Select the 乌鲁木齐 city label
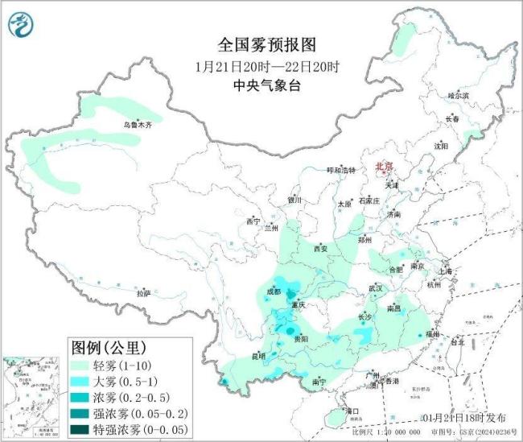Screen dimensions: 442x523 (137, 125)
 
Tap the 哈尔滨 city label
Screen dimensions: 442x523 (458, 95)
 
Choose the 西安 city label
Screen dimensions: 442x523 (321, 248)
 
